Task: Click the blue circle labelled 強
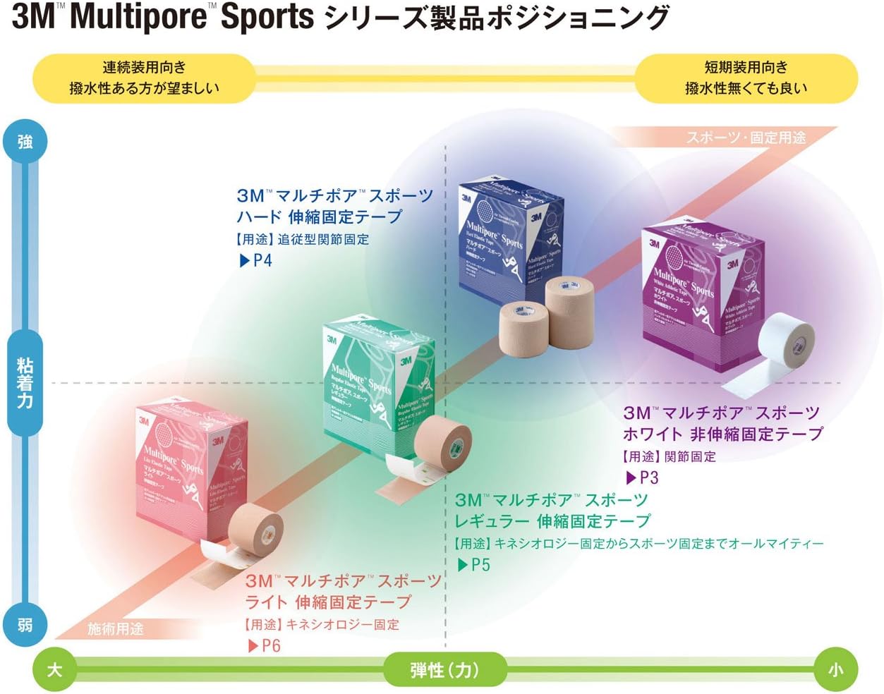click(x=25, y=142)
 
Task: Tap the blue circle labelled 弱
click(x=25, y=624)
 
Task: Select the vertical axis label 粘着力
click(x=25, y=383)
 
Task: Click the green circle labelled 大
click(x=54, y=669)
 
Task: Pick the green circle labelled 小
click(x=835, y=669)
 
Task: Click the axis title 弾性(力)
click(x=444, y=669)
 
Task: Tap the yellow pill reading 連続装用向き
click(x=144, y=78)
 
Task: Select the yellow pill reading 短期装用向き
click(x=746, y=78)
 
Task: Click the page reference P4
click(x=256, y=260)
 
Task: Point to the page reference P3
click(x=643, y=477)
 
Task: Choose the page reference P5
click(x=474, y=564)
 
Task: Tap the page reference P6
click(x=265, y=645)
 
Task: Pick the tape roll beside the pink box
click(x=255, y=529)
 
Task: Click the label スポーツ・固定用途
click(x=745, y=138)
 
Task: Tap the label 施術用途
click(x=115, y=628)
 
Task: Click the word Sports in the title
click(x=267, y=17)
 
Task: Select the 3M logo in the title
click(x=32, y=17)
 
